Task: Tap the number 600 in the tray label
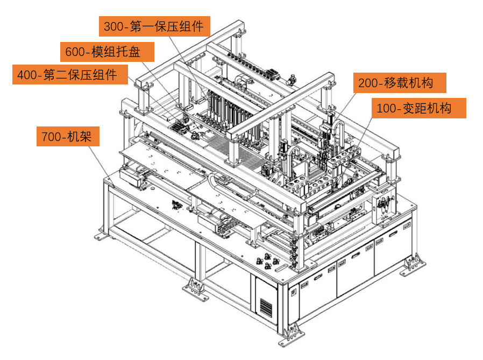point(75,52)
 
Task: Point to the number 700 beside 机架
point(51,137)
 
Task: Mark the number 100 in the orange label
point(387,109)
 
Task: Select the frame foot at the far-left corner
point(102,235)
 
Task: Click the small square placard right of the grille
point(293,291)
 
